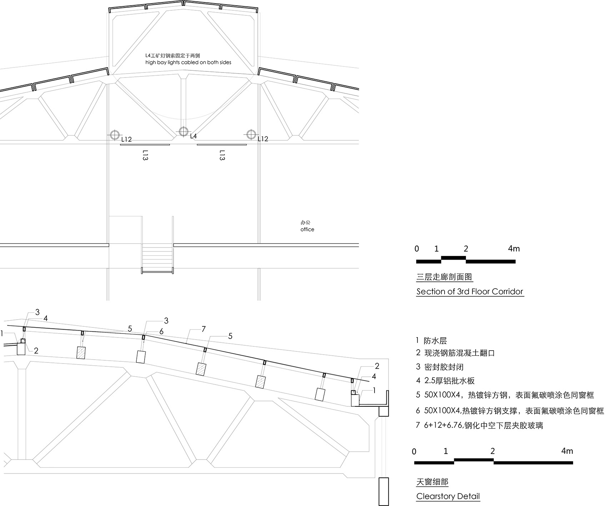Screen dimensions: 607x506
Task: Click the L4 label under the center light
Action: pos(193,136)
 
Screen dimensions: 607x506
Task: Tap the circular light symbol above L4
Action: pos(183,131)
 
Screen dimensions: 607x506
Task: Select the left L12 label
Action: pos(126,139)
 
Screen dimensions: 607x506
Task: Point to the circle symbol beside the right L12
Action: pos(251,134)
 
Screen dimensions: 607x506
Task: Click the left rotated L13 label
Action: pos(145,155)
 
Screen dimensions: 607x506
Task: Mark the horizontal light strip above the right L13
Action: pos(221,145)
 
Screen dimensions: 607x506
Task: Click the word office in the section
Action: pos(307,229)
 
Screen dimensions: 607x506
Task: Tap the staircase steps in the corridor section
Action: pos(157,256)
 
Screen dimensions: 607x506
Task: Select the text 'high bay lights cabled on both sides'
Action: pos(188,62)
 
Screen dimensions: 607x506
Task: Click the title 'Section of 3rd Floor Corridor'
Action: pos(470,291)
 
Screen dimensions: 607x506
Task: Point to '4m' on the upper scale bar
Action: pos(513,249)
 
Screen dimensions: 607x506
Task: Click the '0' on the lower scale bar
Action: pos(414,452)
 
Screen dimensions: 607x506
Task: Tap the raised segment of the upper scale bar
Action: pos(453,257)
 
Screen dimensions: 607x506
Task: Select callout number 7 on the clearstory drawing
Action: pos(204,329)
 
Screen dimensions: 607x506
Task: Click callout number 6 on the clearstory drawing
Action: pos(161,332)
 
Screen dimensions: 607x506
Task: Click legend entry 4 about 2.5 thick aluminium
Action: pos(445,381)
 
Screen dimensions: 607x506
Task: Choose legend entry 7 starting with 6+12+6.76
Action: pos(479,425)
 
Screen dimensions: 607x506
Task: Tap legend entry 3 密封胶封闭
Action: pos(440,367)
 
